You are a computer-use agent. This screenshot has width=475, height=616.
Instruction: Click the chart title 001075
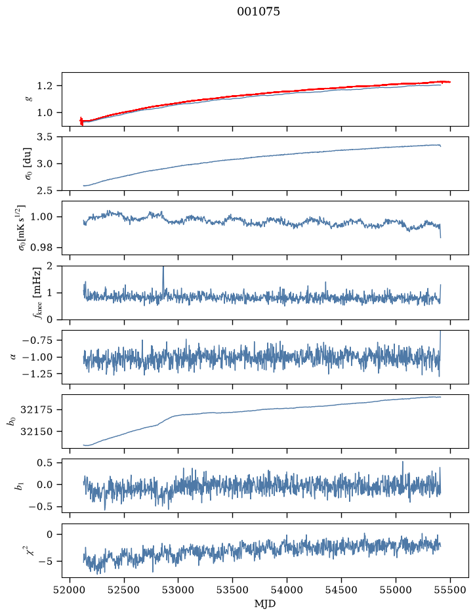point(258,12)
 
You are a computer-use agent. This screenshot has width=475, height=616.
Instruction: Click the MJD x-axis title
point(265,604)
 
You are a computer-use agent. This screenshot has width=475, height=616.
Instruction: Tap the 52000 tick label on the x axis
point(70,590)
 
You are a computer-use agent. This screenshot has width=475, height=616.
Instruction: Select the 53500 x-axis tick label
point(233,590)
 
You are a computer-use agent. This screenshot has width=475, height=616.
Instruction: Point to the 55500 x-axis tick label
point(450,590)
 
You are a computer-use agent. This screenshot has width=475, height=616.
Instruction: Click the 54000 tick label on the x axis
point(287,590)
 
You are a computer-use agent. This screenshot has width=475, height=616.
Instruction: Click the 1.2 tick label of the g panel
point(45,86)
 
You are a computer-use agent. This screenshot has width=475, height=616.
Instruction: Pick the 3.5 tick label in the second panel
point(45,137)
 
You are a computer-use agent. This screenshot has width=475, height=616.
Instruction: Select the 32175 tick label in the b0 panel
point(36,410)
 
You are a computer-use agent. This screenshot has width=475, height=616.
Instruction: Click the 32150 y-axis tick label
point(36,432)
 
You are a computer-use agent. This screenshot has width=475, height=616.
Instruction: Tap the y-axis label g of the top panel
point(29,99)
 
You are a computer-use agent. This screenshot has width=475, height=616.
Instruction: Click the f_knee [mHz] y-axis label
point(37,293)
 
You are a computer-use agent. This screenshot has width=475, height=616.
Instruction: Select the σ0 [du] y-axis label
point(29,164)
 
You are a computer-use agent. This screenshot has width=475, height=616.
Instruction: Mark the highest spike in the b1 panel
point(403,462)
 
